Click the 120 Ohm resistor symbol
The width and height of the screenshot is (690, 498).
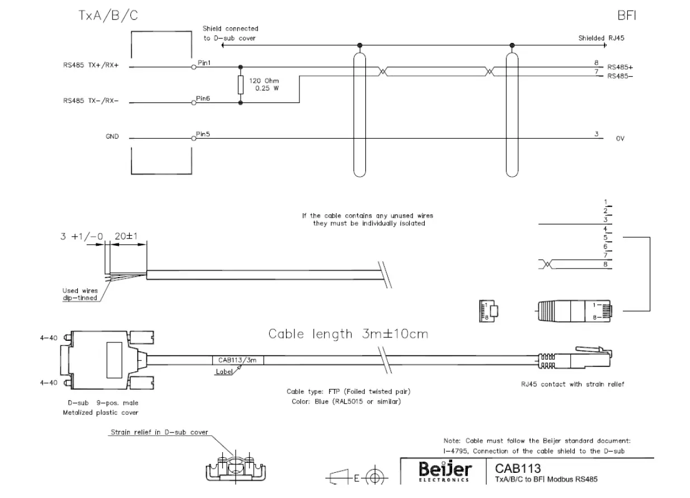coord(241,85)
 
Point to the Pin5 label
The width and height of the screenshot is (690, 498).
coord(203,134)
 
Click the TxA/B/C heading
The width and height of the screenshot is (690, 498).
coord(107,16)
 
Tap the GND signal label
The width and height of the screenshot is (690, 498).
coord(112,137)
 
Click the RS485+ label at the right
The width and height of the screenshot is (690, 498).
coord(620,67)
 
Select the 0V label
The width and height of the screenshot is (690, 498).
coord(619,138)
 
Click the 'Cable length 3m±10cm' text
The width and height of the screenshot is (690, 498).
coord(348,334)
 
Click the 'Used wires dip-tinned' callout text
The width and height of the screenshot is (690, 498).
coord(79,294)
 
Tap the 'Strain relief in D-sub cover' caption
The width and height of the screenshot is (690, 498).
coord(159,433)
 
